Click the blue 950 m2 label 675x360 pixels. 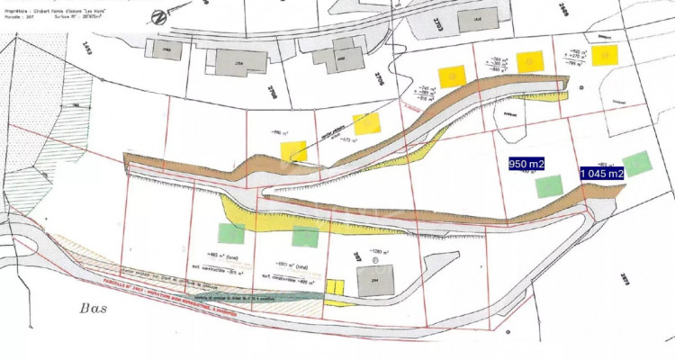pos(526,164)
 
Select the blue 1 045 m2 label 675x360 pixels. pos(601,173)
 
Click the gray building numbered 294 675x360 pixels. pos(375,283)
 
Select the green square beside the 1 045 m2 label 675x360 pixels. pos(637,164)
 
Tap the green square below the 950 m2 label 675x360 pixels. pos(549,186)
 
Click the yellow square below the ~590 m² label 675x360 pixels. pos(293,151)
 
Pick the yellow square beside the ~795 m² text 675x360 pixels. pos(605,56)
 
